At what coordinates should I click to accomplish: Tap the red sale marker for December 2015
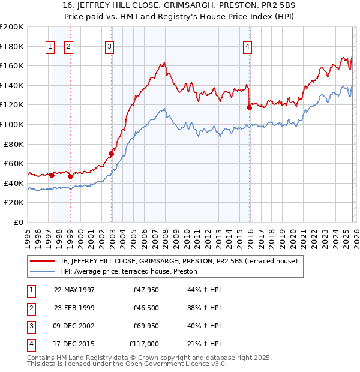tap(250, 108)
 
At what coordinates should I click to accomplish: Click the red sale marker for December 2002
tap(112, 154)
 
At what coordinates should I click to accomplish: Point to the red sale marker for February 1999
tap(70, 176)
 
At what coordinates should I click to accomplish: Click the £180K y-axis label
tap(13, 46)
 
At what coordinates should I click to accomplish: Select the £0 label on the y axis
tap(18, 222)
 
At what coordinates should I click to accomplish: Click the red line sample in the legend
tap(43, 261)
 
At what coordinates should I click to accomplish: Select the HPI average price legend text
tap(133, 271)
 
